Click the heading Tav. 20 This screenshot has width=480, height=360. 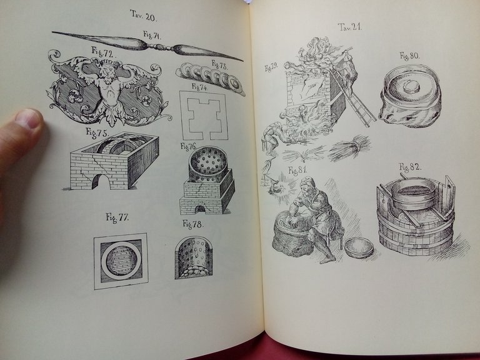[x=142, y=13]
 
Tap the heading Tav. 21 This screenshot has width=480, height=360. [x=350, y=27]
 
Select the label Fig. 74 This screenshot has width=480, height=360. [x=199, y=86]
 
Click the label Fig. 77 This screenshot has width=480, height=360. [x=117, y=217]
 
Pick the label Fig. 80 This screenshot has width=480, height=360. [x=409, y=56]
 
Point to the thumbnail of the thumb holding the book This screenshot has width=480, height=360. [x=29, y=118]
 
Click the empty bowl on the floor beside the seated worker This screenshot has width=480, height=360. [x=359, y=247]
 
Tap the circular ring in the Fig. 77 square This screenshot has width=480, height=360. [x=120, y=261]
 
